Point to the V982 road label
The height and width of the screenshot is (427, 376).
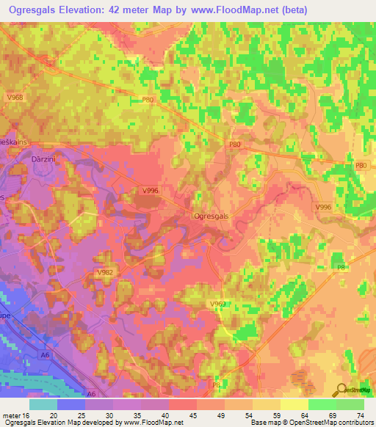pyautogui.click(x=104, y=272)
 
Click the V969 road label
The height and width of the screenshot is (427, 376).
pyautogui.click(x=217, y=303)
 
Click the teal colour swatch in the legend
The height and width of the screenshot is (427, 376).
pyautogui.click(x=43, y=404)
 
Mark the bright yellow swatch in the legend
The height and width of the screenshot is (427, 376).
pyautogui.click(x=294, y=404)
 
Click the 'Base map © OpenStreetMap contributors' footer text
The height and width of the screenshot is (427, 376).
pyautogui.click(x=311, y=423)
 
